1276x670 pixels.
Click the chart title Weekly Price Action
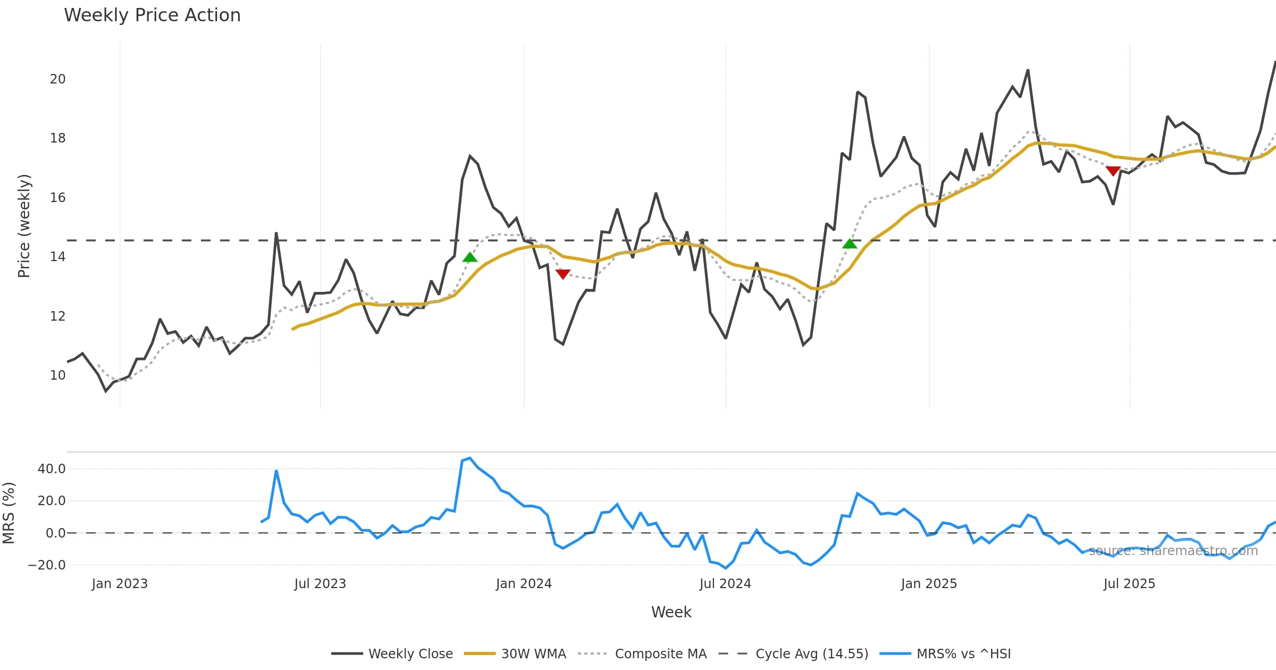152,15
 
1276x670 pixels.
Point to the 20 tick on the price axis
57,79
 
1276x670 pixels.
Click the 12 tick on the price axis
57,316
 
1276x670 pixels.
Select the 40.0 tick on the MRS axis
52,469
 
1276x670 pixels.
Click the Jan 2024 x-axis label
524,584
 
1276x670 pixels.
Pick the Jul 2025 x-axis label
1129,584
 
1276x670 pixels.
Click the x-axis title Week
671,613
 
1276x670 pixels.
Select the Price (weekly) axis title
24,226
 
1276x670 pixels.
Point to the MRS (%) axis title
9,513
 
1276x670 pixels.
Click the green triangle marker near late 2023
470,257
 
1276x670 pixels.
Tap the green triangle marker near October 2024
850,244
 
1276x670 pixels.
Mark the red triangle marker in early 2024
563,274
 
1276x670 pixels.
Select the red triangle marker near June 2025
1113,171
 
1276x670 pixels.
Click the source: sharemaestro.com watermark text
1173,551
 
